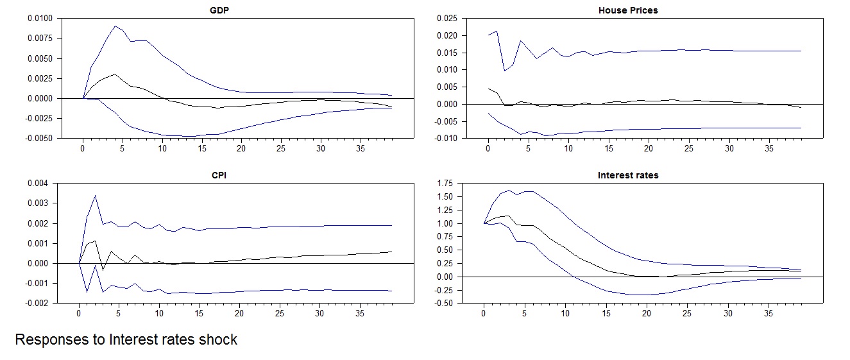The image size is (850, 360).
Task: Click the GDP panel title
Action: (220, 10)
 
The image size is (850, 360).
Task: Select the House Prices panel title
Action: (627, 10)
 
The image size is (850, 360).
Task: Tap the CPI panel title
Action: (220, 175)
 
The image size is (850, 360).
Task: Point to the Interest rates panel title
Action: (627, 175)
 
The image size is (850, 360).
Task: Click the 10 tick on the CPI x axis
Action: (159, 314)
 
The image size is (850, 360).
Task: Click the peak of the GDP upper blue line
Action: (115, 26)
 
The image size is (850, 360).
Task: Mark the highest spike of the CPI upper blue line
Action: (95, 196)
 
